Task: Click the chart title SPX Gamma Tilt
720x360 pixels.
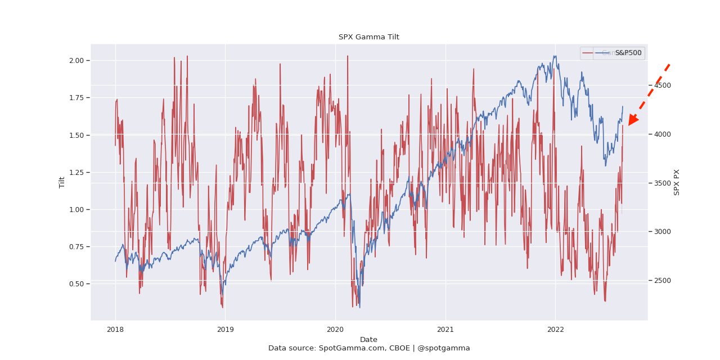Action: (368, 37)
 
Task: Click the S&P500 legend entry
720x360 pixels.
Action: (628, 53)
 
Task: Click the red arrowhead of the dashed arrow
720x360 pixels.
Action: (633, 120)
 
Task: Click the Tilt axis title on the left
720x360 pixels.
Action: (62, 182)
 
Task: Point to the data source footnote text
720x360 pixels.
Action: (368, 348)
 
